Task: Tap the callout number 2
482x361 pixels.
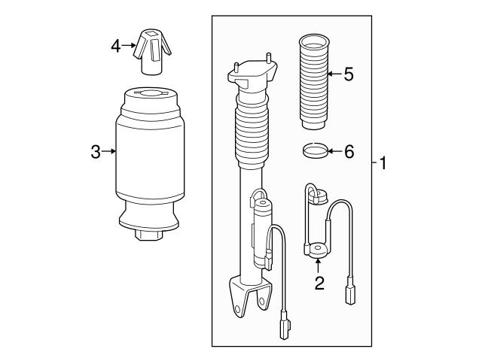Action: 319,283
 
